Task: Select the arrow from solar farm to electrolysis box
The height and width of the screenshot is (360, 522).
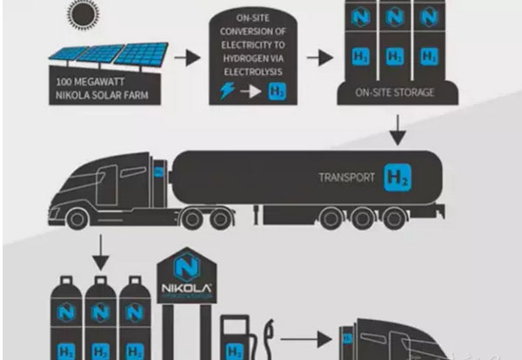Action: [186, 60]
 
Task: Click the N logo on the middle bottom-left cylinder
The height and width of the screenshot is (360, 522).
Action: [99, 310]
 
